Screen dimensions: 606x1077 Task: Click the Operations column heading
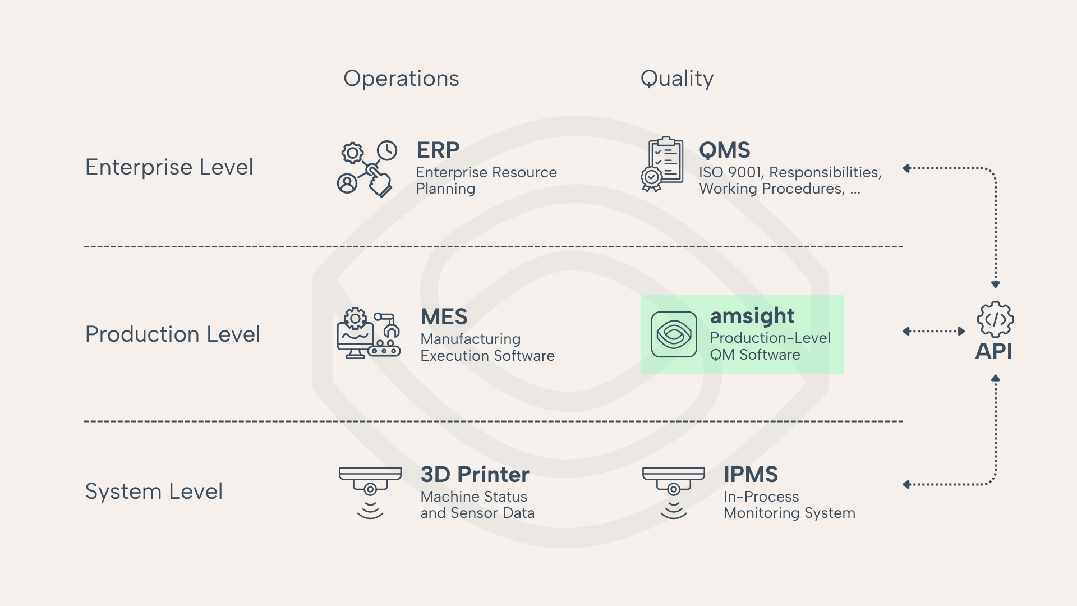401,79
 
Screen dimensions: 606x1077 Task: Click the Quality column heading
676,79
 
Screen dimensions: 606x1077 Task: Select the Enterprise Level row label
169,167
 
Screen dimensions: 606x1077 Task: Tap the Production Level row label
172,334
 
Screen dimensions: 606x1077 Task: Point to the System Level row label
154,492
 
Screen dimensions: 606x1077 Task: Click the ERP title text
438,150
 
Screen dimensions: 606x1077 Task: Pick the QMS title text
724,150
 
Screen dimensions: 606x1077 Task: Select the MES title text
444,317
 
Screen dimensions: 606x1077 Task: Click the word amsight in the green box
752,316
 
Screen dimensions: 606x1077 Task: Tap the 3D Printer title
475,475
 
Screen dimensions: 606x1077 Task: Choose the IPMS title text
751,475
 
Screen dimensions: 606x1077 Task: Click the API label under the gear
994,352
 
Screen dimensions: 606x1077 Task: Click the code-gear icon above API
995,319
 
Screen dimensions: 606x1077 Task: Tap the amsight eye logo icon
674,334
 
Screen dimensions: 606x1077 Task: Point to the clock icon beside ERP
386,150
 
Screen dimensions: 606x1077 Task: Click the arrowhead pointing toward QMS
906,168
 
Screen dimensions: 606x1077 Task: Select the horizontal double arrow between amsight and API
933,331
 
